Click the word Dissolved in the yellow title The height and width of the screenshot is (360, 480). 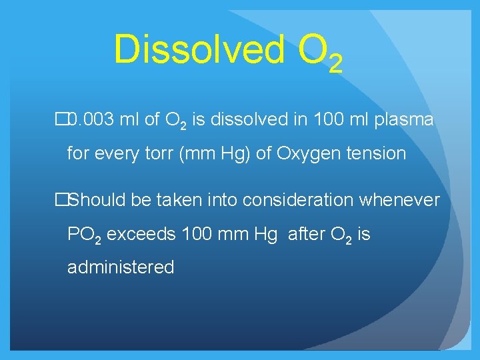coord(197,49)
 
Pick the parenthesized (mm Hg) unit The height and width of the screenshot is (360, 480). coord(217,153)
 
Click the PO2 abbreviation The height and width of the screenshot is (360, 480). coord(84,235)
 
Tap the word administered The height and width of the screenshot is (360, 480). coord(121,267)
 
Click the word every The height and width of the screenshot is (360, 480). coord(120,153)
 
